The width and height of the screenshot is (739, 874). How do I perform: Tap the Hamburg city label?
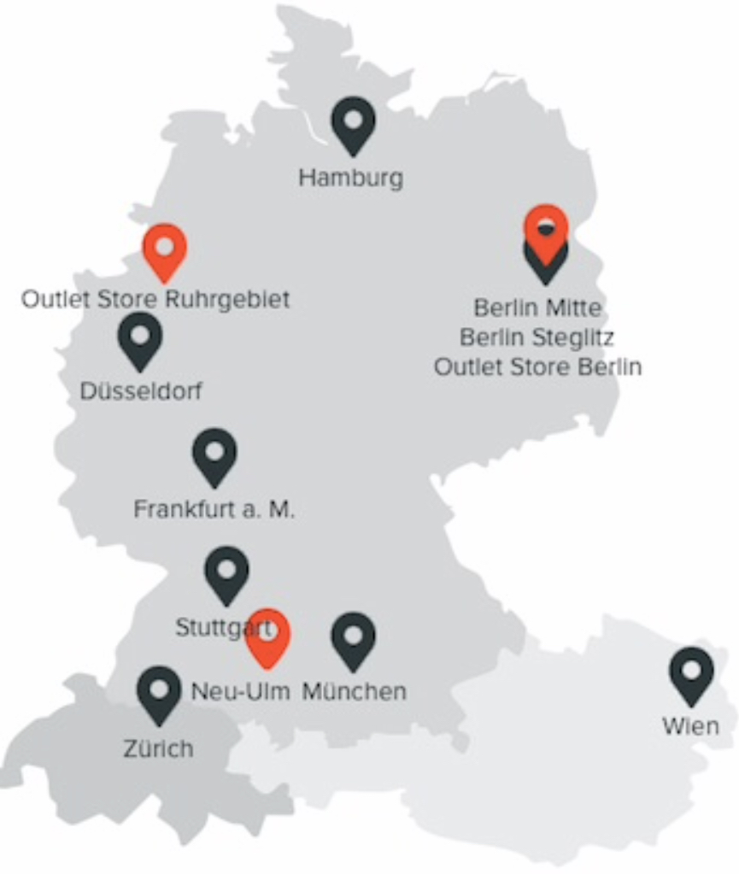click(350, 179)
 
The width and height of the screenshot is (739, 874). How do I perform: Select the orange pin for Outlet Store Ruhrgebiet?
click(165, 249)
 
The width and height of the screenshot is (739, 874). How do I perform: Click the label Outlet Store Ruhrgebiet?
click(155, 300)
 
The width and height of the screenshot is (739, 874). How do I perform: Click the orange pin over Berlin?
click(546, 229)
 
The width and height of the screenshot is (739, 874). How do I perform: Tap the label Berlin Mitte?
click(537, 308)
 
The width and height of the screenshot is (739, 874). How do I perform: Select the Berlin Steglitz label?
click(537, 337)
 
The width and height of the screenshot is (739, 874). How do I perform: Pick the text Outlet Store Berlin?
click(537, 367)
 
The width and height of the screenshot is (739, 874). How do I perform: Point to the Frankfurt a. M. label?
click(214, 510)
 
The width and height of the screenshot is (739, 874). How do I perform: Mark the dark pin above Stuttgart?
click(226, 572)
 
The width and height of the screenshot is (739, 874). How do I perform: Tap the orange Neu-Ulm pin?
click(268, 636)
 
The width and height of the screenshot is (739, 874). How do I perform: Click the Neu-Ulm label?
click(240, 690)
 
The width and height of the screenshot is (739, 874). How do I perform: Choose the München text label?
click(354, 690)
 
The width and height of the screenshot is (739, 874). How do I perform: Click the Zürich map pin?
click(159, 691)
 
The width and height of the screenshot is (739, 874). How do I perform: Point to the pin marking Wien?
click(691, 672)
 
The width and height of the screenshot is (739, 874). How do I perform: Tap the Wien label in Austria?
click(690, 727)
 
